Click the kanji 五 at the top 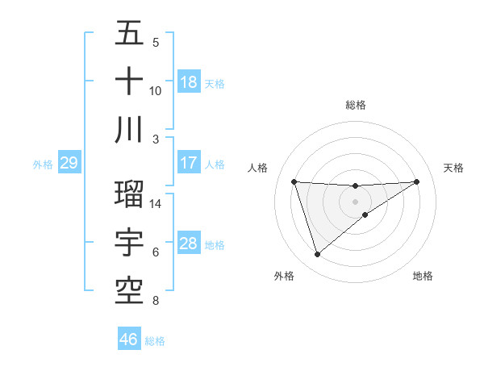click(x=130, y=34)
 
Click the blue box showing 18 click(x=189, y=82)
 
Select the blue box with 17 click(x=189, y=163)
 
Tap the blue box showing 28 click(x=189, y=244)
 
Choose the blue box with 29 click(x=69, y=164)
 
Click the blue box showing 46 click(x=129, y=339)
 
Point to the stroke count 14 click(x=156, y=204)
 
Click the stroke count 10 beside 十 click(x=156, y=90)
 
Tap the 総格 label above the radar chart click(x=356, y=105)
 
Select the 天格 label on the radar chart click(x=454, y=168)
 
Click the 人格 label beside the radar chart click(x=258, y=168)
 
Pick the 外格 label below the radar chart click(x=284, y=277)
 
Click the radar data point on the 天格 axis click(x=417, y=181)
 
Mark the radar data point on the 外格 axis click(x=317, y=255)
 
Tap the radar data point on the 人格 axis click(x=294, y=181)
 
